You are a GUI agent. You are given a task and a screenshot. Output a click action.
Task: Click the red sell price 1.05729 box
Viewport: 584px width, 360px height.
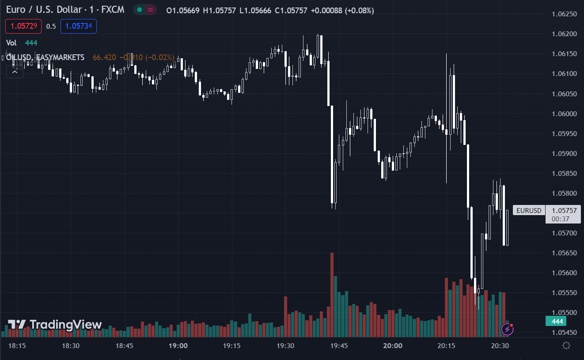click(x=23, y=27)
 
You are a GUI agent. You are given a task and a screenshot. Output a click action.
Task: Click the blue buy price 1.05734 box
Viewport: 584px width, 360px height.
click(x=79, y=27)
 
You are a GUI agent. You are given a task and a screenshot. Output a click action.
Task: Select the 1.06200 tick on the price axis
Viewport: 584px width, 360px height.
click(x=565, y=34)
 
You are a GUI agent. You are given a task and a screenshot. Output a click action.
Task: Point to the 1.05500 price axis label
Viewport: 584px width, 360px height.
click(x=565, y=313)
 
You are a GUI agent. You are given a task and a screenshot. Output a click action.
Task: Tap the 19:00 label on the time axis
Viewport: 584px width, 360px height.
click(x=178, y=346)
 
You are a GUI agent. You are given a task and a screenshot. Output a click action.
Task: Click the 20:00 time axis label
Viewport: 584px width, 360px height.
click(x=393, y=346)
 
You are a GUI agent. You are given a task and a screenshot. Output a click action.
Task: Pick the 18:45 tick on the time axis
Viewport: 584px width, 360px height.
click(x=124, y=346)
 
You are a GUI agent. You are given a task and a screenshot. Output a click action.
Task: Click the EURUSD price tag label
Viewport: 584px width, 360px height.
click(x=529, y=211)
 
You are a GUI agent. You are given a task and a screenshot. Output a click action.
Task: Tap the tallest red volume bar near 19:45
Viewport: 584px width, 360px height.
click(x=332, y=292)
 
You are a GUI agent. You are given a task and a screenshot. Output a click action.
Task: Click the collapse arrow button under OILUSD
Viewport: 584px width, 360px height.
click(x=15, y=72)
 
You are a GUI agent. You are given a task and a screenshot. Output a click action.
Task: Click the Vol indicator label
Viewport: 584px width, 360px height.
click(x=11, y=43)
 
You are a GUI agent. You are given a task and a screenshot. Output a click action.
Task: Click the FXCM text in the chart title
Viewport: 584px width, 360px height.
click(x=113, y=10)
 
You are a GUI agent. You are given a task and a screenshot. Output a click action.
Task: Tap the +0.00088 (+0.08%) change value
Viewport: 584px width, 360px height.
click(x=342, y=11)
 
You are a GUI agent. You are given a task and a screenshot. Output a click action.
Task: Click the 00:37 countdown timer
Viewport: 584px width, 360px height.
click(x=560, y=219)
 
